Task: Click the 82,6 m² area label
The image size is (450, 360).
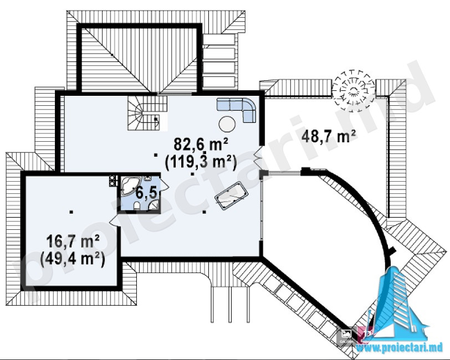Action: click(x=201, y=144)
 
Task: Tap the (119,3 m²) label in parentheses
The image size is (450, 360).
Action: click(x=200, y=163)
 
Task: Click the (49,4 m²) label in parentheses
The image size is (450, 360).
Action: click(x=73, y=260)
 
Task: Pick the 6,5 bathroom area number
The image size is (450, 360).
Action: click(x=146, y=193)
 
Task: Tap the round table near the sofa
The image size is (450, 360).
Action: click(x=227, y=124)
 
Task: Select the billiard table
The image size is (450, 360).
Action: click(x=231, y=196)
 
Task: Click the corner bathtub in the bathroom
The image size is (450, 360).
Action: click(x=129, y=187)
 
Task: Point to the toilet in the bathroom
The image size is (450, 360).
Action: click(x=137, y=205)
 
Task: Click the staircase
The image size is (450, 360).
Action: click(x=147, y=113)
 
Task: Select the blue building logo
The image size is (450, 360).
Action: click(x=399, y=301)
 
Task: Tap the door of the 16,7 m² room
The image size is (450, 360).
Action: click(x=115, y=221)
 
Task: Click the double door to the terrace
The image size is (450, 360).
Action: click(x=258, y=155)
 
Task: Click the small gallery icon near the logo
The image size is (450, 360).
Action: click(x=346, y=335)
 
